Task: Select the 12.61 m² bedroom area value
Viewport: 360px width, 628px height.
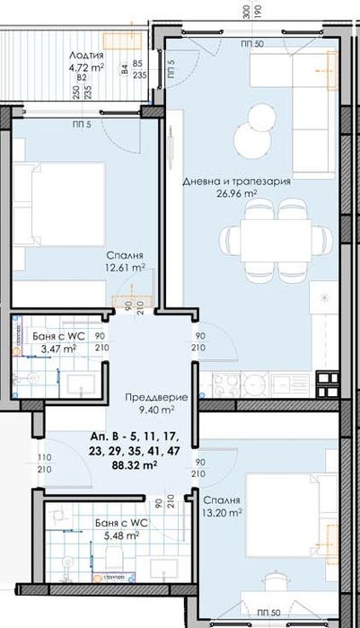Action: pos(125,267)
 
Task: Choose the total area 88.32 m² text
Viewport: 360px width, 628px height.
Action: pos(136,465)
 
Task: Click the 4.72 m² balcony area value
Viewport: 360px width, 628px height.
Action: pos(87,66)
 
